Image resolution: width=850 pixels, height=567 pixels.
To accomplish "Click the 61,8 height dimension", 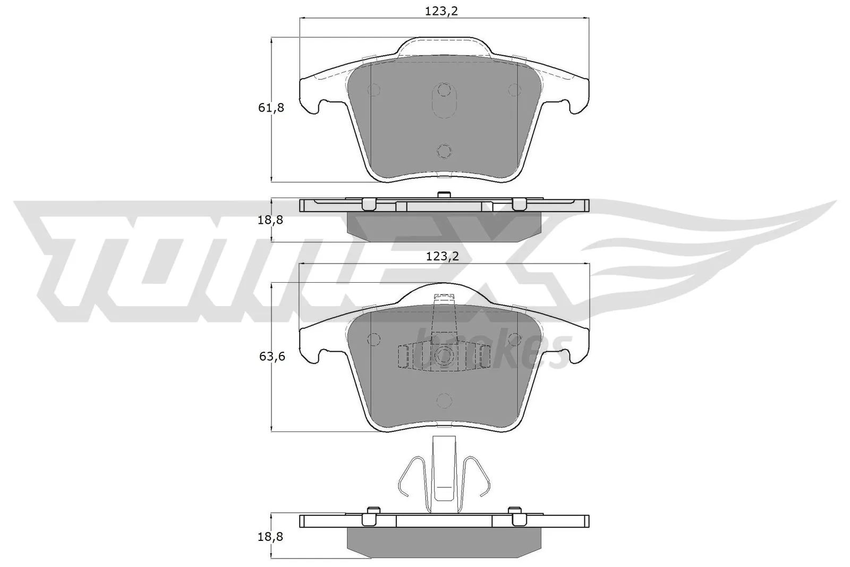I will pos(271,108).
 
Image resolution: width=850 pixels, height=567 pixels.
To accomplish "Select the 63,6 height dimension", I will pos(272,356).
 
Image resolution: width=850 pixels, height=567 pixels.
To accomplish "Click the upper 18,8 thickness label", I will pos(270,219).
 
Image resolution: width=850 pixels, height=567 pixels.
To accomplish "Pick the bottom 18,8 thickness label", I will pos(270,537).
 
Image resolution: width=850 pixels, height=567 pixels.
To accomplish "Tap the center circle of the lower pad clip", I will pos(443,356).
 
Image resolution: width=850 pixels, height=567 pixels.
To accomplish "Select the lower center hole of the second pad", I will pos(444,400).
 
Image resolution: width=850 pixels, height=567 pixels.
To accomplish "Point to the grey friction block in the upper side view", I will pos(444,223).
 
